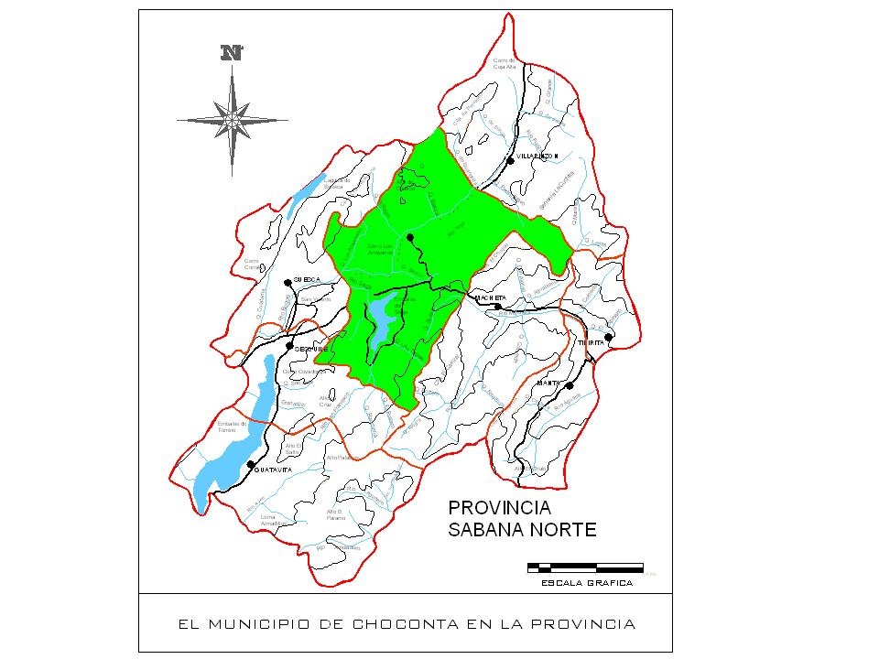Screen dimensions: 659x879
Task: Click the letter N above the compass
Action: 233,53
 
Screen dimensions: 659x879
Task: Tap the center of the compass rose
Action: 233,118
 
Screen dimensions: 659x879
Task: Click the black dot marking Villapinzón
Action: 509,160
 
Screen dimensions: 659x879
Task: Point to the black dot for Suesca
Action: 288,282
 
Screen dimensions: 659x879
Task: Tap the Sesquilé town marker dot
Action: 290,347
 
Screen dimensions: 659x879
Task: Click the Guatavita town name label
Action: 273,470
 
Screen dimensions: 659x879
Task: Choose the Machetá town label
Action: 492,297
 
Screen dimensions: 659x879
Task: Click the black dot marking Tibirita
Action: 608,337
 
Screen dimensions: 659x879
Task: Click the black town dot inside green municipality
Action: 411,238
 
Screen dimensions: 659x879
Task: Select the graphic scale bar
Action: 585,567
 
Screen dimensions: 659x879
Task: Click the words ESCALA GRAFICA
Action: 586,582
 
